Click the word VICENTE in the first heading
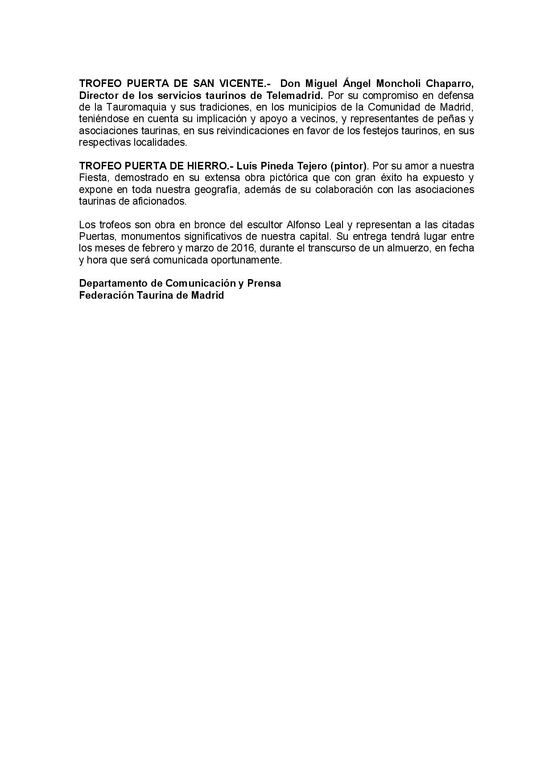coord(246,83)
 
